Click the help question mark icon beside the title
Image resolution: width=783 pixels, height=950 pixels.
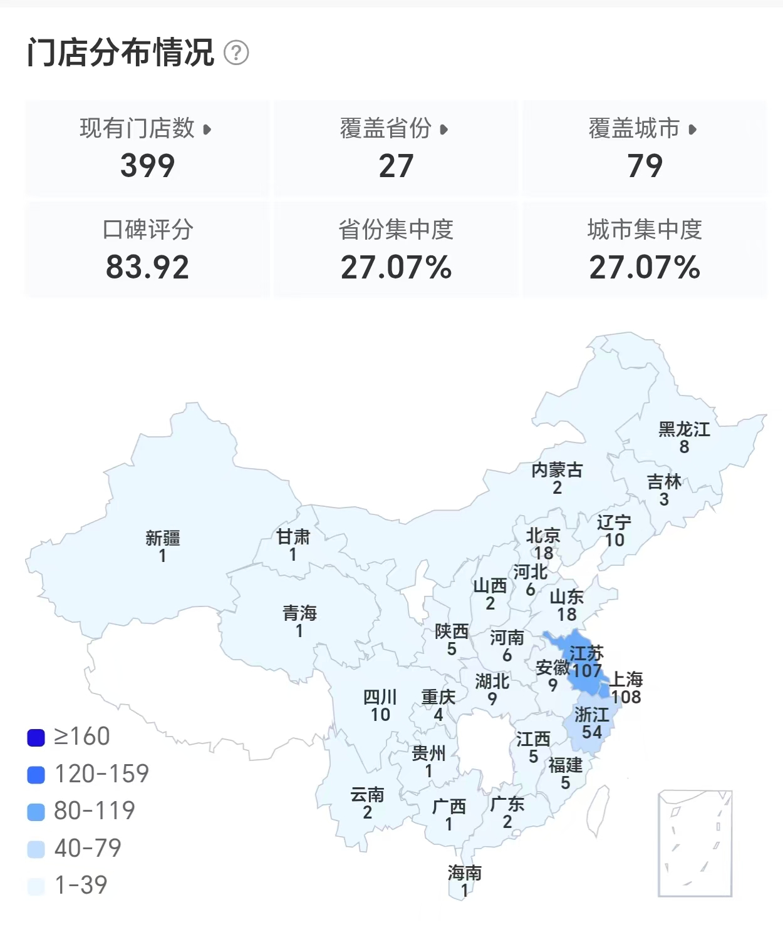(236, 53)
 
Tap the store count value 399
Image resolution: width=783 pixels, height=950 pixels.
(147, 166)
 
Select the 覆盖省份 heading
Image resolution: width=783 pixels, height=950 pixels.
(386, 128)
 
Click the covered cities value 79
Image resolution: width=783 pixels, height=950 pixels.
(645, 166)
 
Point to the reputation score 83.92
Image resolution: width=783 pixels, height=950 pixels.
(147, 267)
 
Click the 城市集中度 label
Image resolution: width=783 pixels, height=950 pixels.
(645, 230)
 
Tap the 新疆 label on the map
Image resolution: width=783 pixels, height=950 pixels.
(163, 538)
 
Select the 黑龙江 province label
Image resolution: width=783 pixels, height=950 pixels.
(684, 429)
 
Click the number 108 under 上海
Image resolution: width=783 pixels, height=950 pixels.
(626, 697)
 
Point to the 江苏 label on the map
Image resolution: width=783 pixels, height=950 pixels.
(586, 653)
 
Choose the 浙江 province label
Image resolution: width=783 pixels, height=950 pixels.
(591, 714)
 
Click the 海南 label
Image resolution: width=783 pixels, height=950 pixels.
(465, 872)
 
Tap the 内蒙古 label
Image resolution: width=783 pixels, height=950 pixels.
(557, 470)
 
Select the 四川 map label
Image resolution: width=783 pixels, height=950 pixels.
(380, 697)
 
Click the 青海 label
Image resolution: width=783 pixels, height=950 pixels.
(299, 613)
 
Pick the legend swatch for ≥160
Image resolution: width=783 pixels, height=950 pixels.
(36, 738)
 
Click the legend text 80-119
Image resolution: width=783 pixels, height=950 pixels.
(95, 811)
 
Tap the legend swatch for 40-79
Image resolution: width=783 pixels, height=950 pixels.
(36, 849)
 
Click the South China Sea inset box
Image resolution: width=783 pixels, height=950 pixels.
(695, 843)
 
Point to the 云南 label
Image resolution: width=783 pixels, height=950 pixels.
(367, 795)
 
